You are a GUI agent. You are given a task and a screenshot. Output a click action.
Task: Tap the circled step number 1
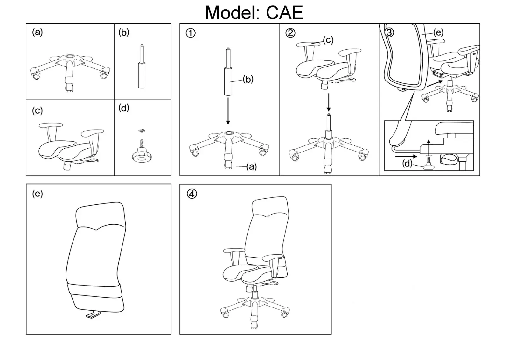191,33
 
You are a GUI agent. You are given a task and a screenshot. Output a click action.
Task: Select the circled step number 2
290,33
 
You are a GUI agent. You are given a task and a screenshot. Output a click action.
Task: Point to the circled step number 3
389,32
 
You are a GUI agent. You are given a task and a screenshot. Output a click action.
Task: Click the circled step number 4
192,194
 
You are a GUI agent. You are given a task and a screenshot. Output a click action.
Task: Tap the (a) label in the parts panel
37,32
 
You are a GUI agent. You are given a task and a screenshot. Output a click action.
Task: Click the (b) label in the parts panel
124,32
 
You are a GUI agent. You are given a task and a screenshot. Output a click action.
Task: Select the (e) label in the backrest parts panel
37,194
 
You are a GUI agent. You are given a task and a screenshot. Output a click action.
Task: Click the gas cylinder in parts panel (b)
142,66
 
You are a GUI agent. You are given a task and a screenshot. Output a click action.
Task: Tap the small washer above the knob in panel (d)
142,131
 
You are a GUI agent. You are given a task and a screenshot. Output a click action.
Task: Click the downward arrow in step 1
228,111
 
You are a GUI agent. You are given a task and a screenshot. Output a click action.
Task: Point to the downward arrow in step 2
328,102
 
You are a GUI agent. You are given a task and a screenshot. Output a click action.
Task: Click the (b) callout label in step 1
248,79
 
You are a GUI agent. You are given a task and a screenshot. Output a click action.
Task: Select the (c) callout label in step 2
328,40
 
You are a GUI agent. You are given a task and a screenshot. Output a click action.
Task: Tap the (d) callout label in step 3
407,164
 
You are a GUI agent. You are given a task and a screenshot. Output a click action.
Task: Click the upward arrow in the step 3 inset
428,147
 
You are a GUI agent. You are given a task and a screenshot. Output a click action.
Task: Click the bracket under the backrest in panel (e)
93,314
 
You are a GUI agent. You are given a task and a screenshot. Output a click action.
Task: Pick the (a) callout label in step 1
251,167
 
